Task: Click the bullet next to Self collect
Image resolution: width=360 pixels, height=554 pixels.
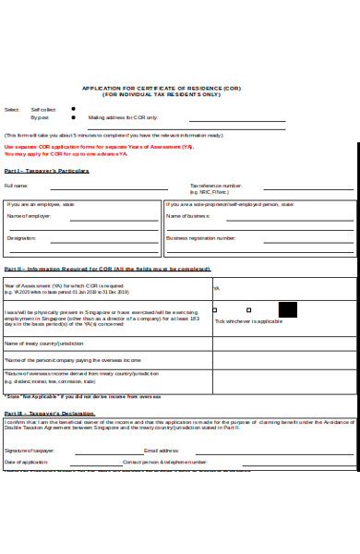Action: point(73,108)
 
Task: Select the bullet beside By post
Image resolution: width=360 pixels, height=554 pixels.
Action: point(73,117)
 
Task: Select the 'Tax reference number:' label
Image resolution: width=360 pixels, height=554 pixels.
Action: point(216,186)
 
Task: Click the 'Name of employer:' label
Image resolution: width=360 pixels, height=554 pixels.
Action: point(29,215)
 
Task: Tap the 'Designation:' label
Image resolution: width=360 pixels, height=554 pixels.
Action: point(21,237)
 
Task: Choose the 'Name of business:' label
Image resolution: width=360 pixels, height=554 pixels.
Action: point(187,215)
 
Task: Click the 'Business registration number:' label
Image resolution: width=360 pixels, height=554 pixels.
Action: point(201,237)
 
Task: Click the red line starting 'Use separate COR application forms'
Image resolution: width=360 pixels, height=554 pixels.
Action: point(100,146)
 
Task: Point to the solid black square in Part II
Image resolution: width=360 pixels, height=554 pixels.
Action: point(287,309)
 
